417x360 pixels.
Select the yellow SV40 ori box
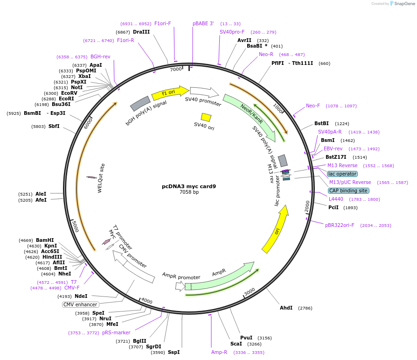206,117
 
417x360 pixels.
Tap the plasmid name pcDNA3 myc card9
189,186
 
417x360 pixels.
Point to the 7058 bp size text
189,192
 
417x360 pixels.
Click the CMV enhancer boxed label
80,304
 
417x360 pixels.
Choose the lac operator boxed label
342,174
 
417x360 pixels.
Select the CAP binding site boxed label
348,191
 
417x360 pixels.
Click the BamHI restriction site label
45,240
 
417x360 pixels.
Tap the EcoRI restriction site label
66,99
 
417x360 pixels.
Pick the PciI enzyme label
334,207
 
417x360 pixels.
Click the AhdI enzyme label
286,308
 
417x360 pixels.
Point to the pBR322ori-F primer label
340,225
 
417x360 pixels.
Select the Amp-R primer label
219,352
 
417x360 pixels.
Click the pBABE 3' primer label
203,23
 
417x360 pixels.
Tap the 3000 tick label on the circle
250,291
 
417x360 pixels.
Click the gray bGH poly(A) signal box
139,104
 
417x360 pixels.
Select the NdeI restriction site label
81,296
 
